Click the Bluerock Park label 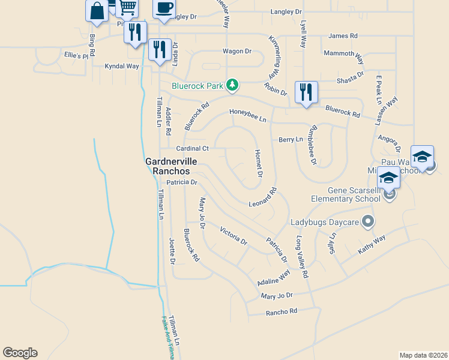[197, 86]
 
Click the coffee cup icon [164, 8]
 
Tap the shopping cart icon [127, 7]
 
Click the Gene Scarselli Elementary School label [345, 194]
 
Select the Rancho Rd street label [282, 311]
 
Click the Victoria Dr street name [234, 236]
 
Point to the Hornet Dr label [259, 164]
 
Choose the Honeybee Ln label [247, 115]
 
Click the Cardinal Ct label [192, 148]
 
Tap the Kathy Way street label [372, 244]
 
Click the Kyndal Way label [122, 66]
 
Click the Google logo [20, 353]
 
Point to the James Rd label [343, 36]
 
